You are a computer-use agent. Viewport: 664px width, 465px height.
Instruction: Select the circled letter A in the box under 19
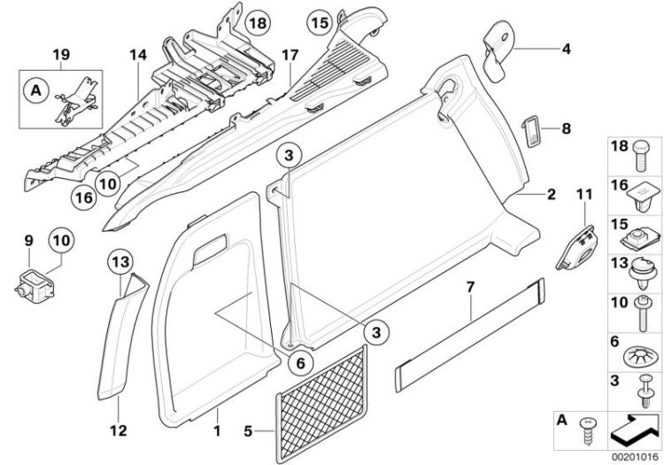point(36,89)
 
